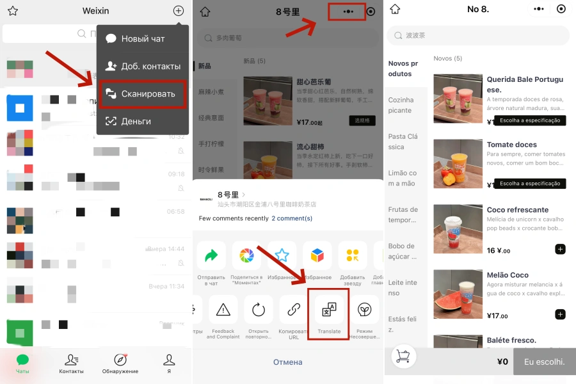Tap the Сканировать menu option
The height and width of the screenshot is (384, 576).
point(142,94)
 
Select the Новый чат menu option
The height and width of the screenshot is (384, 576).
point(142,38)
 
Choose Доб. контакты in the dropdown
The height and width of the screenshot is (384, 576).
point(142,66)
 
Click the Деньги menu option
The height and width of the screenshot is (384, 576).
point(142,121)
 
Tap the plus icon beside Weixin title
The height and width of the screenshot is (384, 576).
point(179,11)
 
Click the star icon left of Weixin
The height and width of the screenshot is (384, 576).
point(13,11)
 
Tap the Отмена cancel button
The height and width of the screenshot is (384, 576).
point(288,362)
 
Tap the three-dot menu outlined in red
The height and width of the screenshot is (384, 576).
point(348,12)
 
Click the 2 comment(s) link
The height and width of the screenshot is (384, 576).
point(292,218)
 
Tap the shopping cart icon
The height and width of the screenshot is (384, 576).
point(403,357)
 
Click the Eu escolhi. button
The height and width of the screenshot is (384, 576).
point(545,362)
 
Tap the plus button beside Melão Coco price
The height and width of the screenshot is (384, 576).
point(560,314)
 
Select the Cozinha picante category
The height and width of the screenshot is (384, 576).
point(401,105)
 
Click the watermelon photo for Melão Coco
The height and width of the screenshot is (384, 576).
point(458,294)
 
